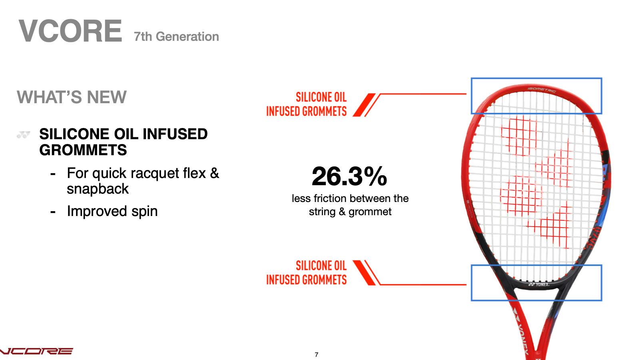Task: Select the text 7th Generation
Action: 176,37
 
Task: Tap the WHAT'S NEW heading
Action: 72,97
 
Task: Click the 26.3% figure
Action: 349,176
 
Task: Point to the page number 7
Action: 317,355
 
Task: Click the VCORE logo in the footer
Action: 36,351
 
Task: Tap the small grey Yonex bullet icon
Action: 23,135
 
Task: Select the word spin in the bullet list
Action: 145,211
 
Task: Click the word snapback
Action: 98,188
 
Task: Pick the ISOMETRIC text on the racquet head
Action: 542,90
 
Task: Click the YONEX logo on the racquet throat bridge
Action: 538,284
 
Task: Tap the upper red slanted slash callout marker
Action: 364,105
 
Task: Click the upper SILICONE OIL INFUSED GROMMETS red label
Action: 307,104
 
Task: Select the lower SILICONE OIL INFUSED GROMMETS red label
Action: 307,273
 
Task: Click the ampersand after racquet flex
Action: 215,172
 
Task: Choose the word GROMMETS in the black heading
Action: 83,150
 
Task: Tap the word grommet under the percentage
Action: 370,212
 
